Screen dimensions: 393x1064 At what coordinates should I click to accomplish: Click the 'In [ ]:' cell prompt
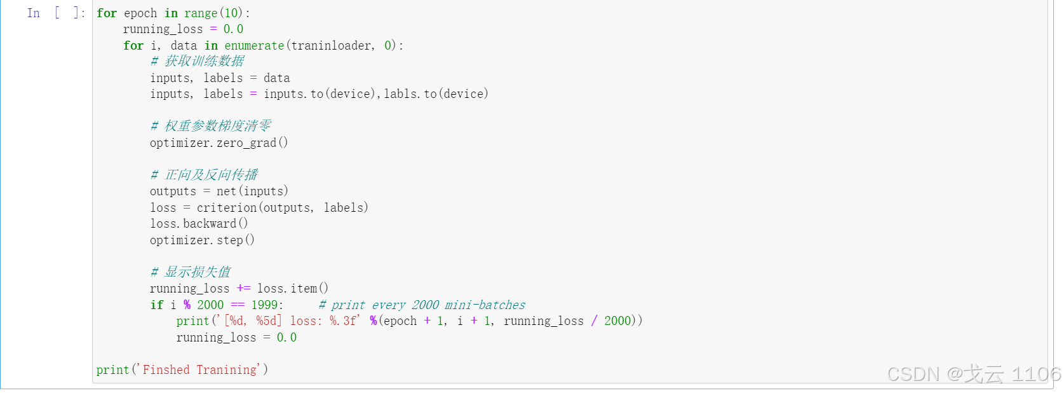point(56,13)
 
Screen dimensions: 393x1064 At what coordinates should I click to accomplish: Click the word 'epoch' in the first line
point(140,13)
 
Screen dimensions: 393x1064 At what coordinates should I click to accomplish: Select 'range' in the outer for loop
point(201,13)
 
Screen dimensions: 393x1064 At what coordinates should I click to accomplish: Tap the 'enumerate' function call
point(254,45)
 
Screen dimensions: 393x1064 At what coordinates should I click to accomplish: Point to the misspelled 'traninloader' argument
point(332,45)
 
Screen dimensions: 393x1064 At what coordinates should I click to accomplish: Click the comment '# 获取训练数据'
point(198,61)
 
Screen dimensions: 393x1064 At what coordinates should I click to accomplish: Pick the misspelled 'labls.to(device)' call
point(436,93)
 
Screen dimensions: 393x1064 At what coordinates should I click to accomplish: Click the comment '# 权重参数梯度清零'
point(211,126)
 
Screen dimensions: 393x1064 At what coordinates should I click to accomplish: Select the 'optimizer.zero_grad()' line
point(219,142)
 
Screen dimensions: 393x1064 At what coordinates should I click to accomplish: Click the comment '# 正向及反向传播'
point(204,175)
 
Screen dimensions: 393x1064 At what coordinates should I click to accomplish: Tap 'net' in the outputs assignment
point(226,191)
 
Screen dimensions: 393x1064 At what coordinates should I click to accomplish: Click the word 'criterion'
point(227,207)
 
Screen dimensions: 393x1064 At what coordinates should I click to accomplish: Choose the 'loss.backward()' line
point(199,223)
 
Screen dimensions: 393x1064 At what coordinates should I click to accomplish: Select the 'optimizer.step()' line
point(202,240)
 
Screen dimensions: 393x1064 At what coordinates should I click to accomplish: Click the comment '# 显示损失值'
point(191,272)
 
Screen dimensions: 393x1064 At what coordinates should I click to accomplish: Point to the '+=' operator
point(243,288)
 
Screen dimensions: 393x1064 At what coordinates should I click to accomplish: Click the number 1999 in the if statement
point(264,305)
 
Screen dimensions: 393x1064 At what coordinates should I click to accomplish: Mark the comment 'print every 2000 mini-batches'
point(422,305)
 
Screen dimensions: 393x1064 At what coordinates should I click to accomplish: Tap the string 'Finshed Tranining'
point(200,369)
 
